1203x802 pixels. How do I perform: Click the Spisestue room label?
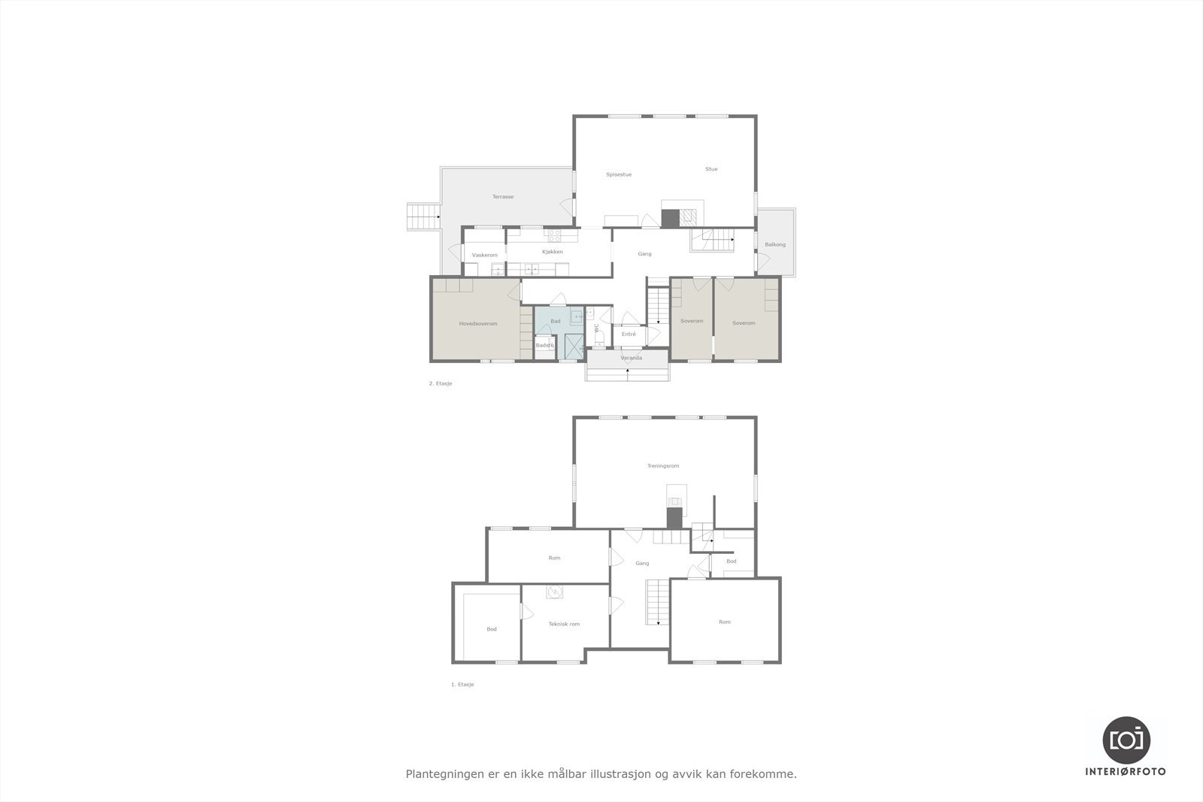point(619,174)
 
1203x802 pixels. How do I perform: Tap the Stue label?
point(711,169)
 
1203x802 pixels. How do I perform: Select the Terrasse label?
point(503,197)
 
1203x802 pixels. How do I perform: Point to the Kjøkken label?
point(553,252)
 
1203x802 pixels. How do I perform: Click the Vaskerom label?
point(484,256)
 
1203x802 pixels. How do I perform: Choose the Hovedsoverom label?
point(478,324)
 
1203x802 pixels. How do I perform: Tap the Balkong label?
point(775,245)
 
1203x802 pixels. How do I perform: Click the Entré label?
point(629,334)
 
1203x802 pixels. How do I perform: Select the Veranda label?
point(631,358)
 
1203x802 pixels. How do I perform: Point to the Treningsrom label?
point(663,466)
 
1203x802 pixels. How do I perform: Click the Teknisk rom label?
point(564,624)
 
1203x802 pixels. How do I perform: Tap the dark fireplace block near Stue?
point(670,218)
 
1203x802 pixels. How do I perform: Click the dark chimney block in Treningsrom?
point(674,518)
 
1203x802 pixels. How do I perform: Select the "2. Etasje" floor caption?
point(441,383)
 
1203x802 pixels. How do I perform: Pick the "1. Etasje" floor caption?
point(462,685)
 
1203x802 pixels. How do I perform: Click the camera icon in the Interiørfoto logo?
point(1126,740)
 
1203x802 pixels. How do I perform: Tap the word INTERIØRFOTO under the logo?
point(1126,772)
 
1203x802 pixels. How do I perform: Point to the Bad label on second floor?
point(555,322)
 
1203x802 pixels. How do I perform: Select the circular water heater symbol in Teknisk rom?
point(555,592)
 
